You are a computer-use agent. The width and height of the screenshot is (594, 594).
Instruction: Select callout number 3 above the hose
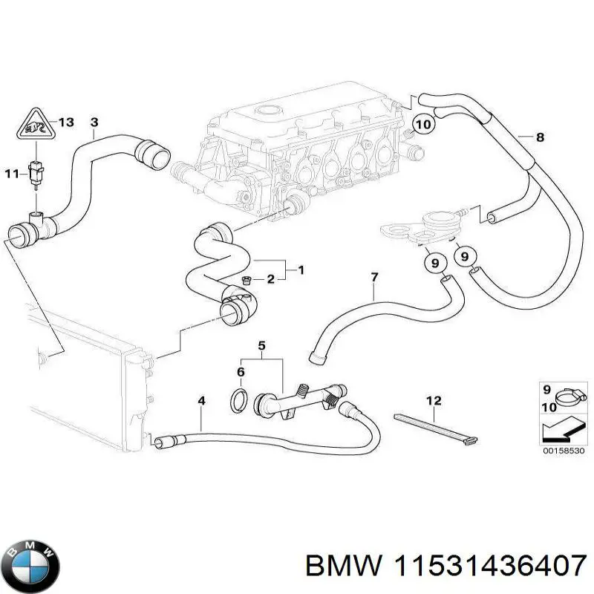click(94, 122)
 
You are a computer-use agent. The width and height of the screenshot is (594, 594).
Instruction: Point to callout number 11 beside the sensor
click(10, 174)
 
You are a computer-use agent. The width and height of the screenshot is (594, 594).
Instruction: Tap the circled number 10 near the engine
click(422, 125)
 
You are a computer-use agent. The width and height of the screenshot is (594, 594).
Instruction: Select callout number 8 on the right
click(540, 137)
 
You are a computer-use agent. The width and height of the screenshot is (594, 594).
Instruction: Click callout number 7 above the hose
click(374, 278)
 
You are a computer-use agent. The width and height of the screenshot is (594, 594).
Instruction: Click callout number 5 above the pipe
click(261, 345)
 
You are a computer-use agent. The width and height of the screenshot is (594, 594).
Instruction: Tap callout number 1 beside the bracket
click(301, 270)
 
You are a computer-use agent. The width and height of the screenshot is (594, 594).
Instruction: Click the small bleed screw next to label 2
click(247, 280)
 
